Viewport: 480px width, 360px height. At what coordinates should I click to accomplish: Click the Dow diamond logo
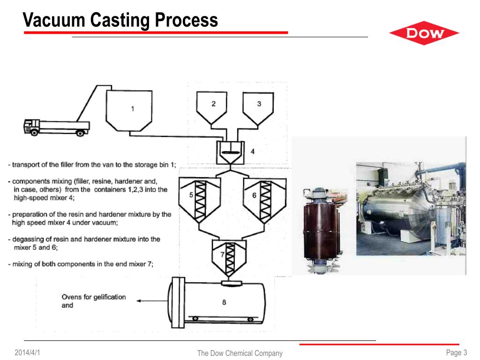(x=424, y=33)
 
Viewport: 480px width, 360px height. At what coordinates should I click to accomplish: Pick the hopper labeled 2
(x=213, y=107)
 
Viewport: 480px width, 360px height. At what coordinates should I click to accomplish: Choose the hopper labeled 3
(x=259, y=107)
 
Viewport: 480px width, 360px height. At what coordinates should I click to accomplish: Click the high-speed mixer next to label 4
(x=230, y=153)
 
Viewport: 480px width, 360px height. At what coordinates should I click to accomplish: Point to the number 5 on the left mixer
(x=190, y=195)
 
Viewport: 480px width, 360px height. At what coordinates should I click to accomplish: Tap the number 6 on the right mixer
(x=254, y=195)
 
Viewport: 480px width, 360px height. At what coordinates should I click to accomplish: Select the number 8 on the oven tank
(x=224, y=302)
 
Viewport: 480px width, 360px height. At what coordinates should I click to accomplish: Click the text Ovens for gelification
(x=94, y=297)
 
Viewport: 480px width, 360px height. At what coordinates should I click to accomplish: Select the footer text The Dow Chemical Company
(x=240, y=353)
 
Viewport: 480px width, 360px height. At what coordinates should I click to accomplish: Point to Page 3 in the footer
(x=457, y=352)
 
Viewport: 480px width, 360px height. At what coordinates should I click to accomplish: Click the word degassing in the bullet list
(x=28, y=239)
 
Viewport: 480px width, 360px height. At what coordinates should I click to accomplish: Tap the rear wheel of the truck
(x=81, y=133)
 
